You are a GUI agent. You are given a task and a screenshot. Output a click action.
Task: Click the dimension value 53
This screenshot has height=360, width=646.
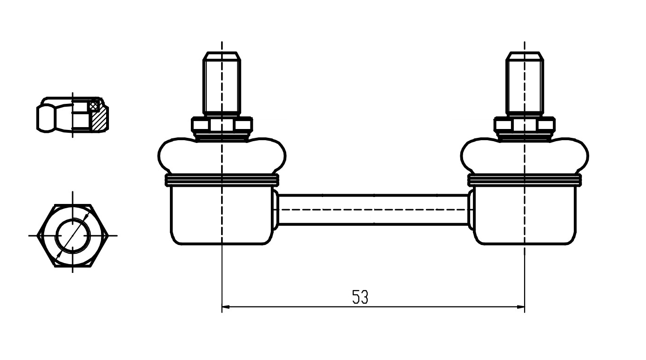point(360,297)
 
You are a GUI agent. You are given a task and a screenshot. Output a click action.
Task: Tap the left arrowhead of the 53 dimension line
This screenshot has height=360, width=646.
point(226,306)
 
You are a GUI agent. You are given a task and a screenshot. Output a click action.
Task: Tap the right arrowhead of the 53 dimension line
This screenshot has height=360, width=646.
point(521,306)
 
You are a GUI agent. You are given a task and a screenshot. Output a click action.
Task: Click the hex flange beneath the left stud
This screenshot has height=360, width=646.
point(222,124)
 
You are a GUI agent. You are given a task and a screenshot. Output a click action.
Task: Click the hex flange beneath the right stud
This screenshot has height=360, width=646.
point(525,124)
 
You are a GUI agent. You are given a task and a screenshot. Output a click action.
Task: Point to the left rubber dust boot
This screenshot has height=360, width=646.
point(222,156)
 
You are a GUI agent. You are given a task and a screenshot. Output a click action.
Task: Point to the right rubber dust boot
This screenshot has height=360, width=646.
point(525,156)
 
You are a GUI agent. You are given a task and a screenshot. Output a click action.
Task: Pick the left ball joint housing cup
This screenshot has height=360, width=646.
point(222,215)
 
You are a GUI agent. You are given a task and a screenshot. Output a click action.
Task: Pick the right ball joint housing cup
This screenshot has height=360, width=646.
point(525,215)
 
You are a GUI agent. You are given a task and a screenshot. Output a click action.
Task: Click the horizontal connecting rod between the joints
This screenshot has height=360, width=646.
point(373,210)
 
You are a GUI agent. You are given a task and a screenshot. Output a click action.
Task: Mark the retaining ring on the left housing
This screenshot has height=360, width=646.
point(222,180)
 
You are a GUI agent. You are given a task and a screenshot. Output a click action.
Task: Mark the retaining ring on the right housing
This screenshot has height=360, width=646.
point(525,180)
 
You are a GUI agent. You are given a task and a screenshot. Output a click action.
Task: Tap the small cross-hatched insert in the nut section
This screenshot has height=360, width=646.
point(93,106)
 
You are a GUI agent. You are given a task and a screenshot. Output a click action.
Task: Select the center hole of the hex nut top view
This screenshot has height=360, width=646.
point(73,236)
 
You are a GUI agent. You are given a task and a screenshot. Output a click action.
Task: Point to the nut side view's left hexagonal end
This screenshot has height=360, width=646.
point(46,118)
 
